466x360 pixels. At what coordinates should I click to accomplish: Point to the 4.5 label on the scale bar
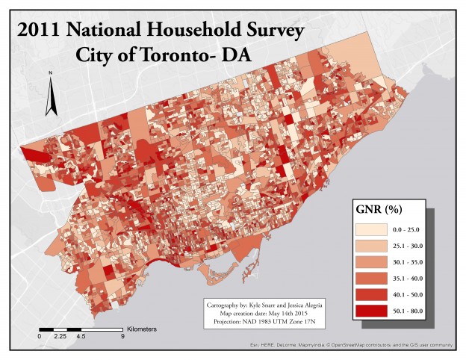[x=81, y=336]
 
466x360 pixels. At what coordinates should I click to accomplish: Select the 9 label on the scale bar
[x=122, y=336]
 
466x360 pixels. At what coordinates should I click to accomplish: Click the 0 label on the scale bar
[x=39, y=336]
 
